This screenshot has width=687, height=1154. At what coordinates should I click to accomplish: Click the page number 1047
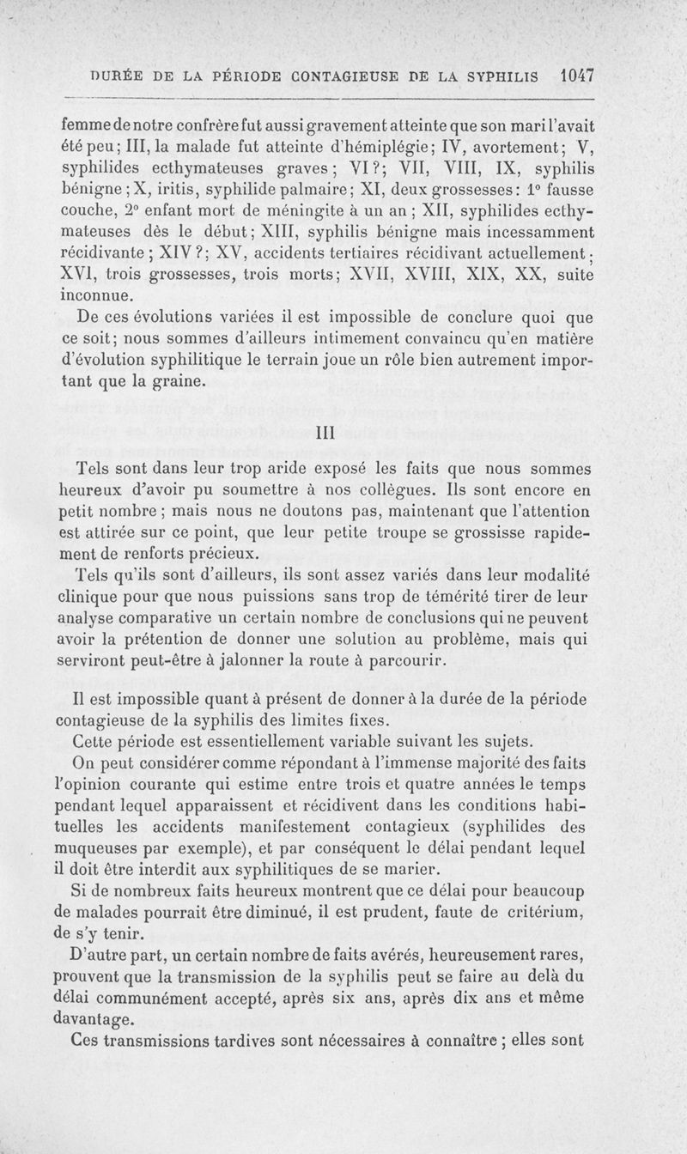click(575, 75)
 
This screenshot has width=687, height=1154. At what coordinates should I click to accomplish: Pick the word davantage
click(94, 1020)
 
